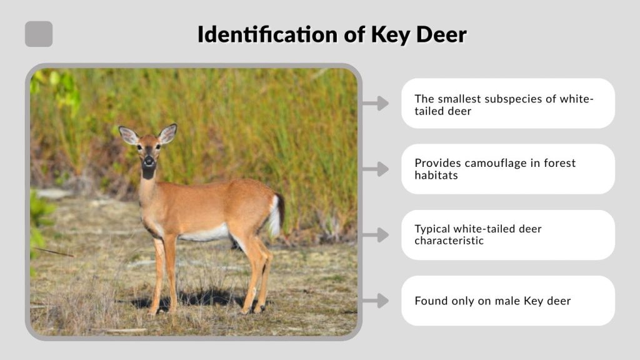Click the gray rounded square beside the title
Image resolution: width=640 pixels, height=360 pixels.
coord(39,34)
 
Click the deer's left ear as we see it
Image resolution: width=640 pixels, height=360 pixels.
coord(129,135)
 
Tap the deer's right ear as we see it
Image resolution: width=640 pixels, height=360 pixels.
coord(167,133)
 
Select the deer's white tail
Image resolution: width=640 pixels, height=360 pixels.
coord(274,216)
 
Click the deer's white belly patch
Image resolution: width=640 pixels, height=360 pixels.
coord(206,234)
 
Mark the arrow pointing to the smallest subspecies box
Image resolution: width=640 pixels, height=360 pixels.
coord(376,103)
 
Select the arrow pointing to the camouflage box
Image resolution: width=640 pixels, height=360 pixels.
coord(376,169)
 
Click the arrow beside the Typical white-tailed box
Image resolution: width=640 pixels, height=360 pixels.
coord(376,235)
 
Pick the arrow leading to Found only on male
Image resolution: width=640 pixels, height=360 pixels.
coord(376,301)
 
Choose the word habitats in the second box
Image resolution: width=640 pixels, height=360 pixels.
coord(436,175)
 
